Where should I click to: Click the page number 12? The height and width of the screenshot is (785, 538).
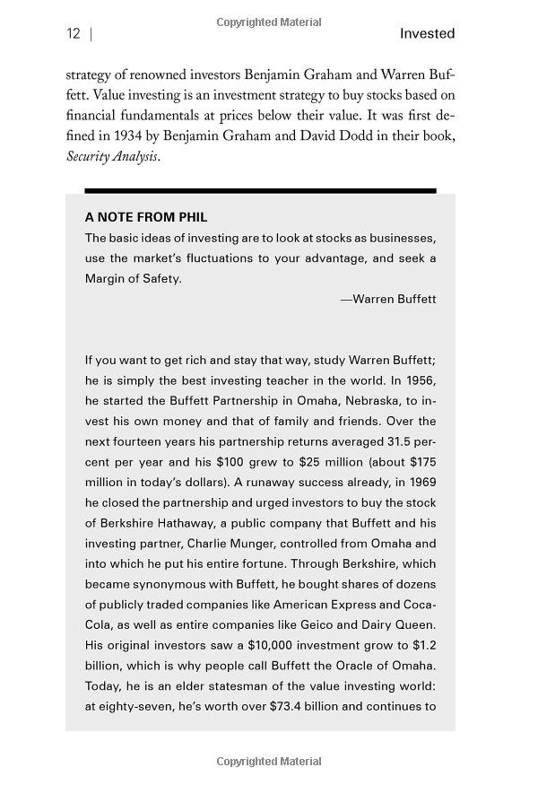(73, 34)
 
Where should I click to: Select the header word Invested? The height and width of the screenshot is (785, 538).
(427, 34)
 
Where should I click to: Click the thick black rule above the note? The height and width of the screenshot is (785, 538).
(260, 190)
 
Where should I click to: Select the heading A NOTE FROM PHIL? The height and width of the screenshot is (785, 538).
(146, 217)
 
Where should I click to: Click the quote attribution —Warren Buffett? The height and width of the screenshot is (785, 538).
(388, 299)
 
